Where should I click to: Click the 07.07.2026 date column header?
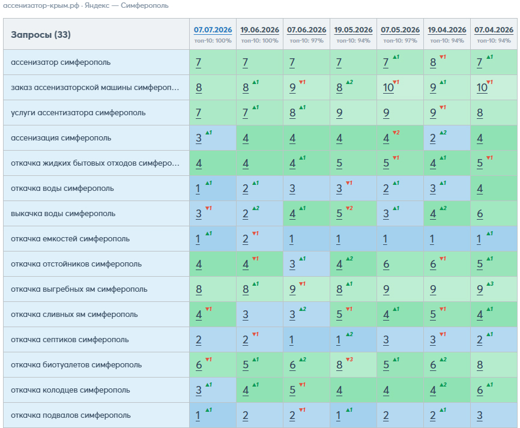[x=213, y=30]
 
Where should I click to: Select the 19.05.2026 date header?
[x=353, y=30]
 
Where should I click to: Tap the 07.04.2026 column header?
[x=494, y=30]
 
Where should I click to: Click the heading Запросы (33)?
[x=41, y=34]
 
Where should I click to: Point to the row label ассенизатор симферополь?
[x=61, y=62]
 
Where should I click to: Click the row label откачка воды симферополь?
[x=62, y=188]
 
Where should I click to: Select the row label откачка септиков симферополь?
[x=70, y=340]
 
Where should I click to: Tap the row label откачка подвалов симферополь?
[x=71, y=415]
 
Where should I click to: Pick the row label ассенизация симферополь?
[x=61, y=138]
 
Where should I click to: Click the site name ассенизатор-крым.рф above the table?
[x=41, y=5]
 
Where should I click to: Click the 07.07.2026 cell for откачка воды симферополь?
[x=213, y=188]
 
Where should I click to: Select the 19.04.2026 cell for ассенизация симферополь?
[x=447, y=138]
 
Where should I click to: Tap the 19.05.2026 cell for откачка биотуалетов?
[x=353, y=365]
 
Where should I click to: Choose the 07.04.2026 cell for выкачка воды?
[x=494, y=214]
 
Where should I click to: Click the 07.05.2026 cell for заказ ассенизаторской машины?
[x=400, y=88]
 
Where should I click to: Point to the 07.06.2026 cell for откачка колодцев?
[x=306, y=390]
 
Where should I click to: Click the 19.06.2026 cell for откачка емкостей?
[x=259, y=239]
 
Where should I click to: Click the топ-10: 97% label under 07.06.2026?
[x=306, y=41]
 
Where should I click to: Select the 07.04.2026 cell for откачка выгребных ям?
[x=494, y=289]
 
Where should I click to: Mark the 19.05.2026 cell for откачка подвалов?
[x=353, y=415]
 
